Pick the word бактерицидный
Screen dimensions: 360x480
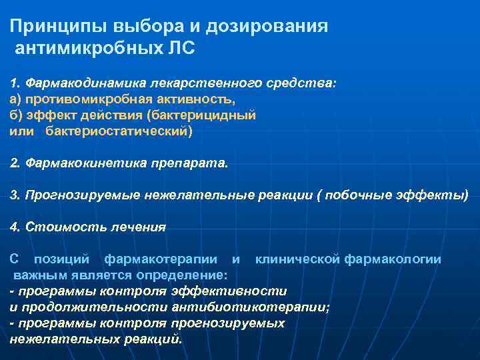(211, 115)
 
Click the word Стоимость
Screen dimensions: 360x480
(59, 227)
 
